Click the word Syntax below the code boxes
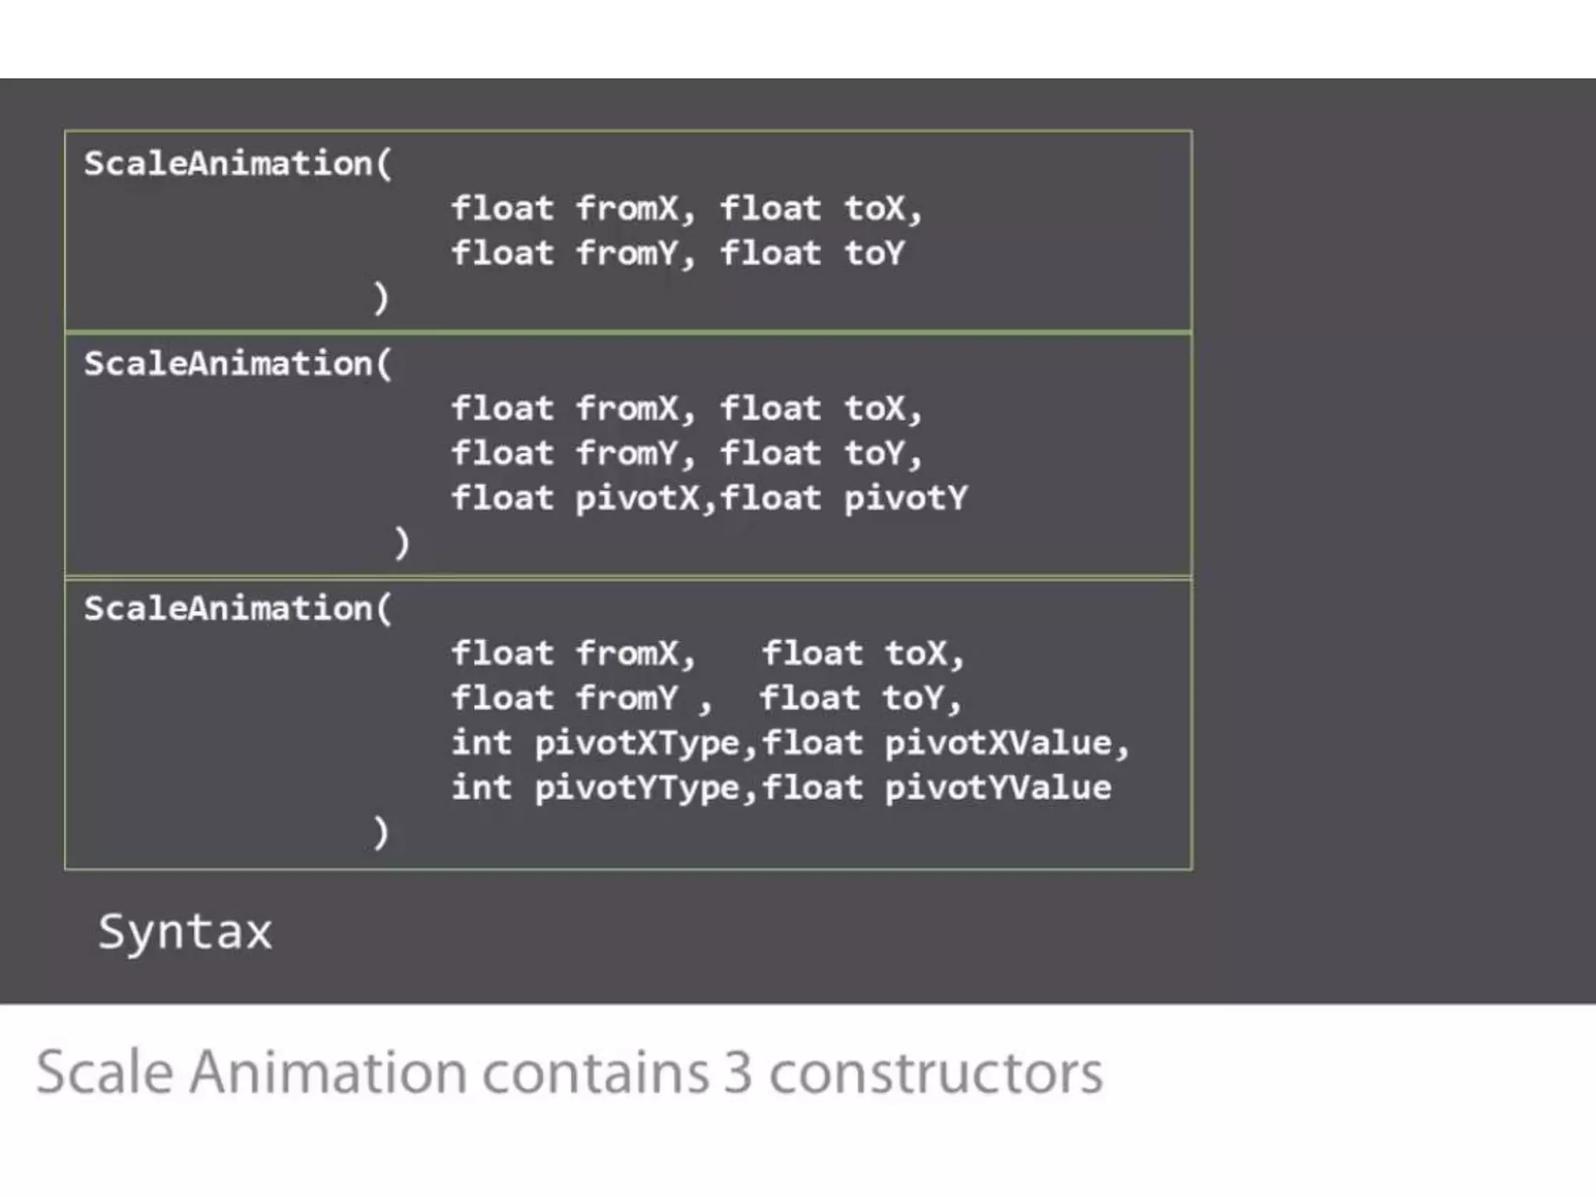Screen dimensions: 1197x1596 (185, 932)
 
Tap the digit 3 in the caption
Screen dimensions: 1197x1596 (737, 1073)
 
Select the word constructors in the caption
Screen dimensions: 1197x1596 (936, 1073)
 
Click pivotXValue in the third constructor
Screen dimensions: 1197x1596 (998, 743)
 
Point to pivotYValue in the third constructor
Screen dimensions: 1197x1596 (998, 788)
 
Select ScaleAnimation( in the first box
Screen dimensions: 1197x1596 (238, 164)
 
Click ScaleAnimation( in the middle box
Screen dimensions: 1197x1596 (238, 364)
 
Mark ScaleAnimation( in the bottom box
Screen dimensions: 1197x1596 (238, 609)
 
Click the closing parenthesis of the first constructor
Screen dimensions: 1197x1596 (380, 298)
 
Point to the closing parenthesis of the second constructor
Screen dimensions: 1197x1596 (401, 542)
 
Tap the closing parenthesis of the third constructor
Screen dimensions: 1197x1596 (380, 832)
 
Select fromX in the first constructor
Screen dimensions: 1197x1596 (627, 208)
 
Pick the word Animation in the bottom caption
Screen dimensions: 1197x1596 (327, 1073)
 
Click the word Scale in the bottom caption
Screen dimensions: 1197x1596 (104, 1073)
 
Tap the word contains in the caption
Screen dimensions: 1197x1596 (595, 1073)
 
